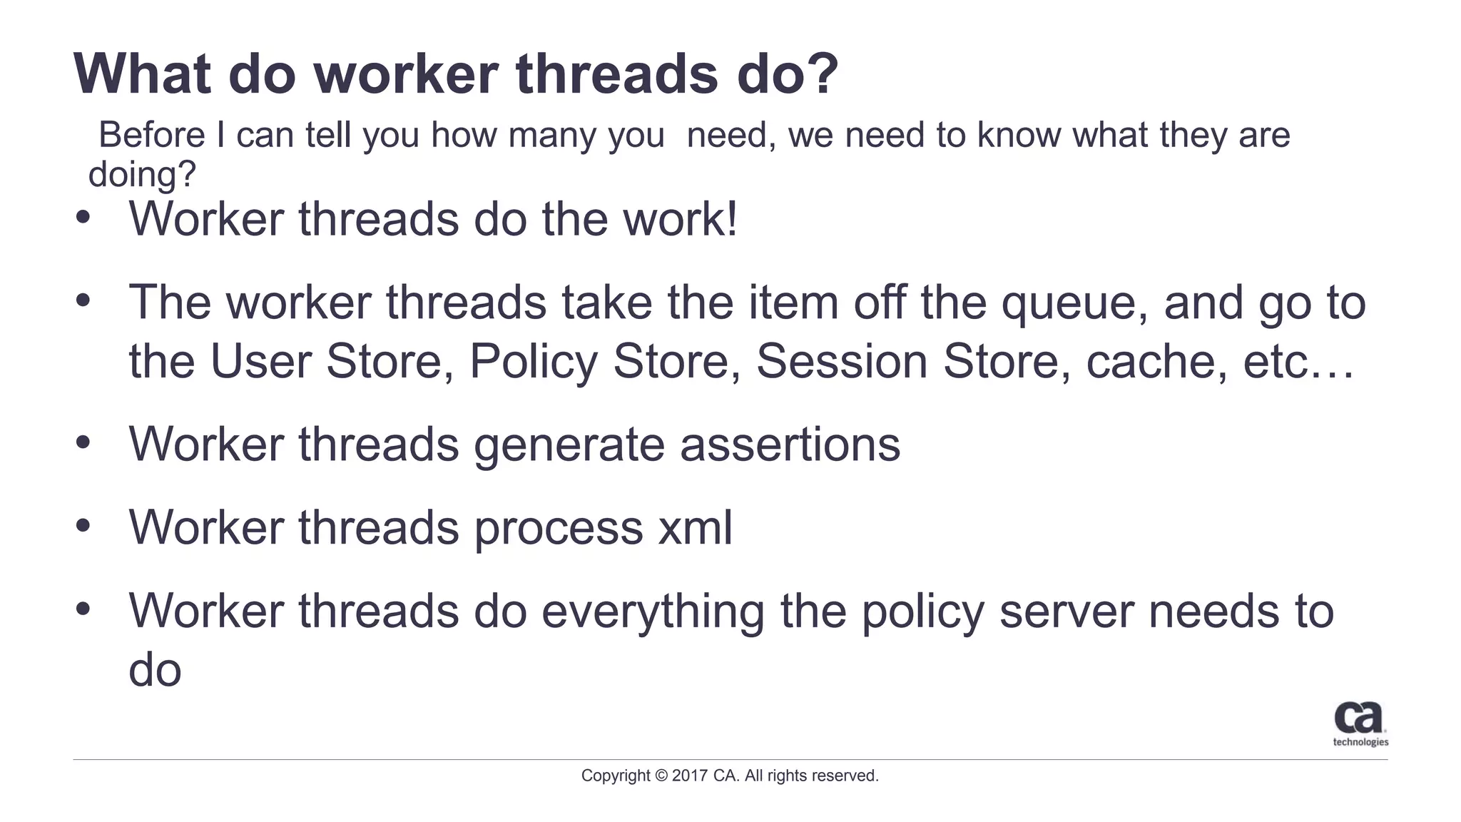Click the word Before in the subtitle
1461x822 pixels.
coord(151,135)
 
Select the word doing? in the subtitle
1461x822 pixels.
coord(141,174)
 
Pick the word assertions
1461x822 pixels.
coord(790,445)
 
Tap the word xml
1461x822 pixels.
coord(694,528)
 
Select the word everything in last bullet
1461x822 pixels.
coord(652,612)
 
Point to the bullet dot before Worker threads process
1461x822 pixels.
coord(83,526)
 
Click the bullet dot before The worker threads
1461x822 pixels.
coord(83,300)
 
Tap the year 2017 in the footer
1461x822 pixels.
coord(690,776)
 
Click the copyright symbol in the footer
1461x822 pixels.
coord(661,776)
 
